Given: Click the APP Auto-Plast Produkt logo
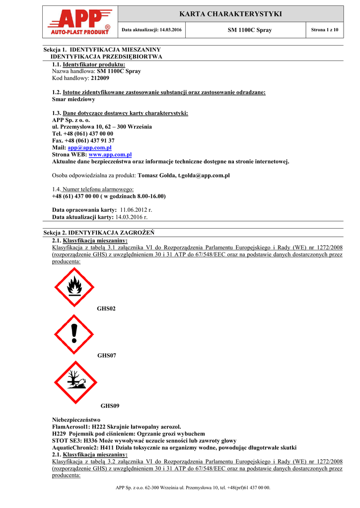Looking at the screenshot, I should pos(79,22).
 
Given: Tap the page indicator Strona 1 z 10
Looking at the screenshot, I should pos(324,30).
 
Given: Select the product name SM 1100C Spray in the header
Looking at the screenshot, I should pos(249,30).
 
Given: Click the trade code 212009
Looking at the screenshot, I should pos(100,78).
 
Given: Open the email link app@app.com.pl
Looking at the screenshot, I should pos(89,148).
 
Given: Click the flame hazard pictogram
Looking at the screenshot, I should pos(74,287).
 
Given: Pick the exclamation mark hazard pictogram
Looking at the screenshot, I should pos(74,334).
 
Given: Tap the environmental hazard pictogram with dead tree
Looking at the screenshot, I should pos(76,381).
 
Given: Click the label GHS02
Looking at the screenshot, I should pos(106,309).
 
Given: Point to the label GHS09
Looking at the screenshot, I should pos(110,406).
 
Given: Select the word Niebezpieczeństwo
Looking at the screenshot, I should pos(76,420).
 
